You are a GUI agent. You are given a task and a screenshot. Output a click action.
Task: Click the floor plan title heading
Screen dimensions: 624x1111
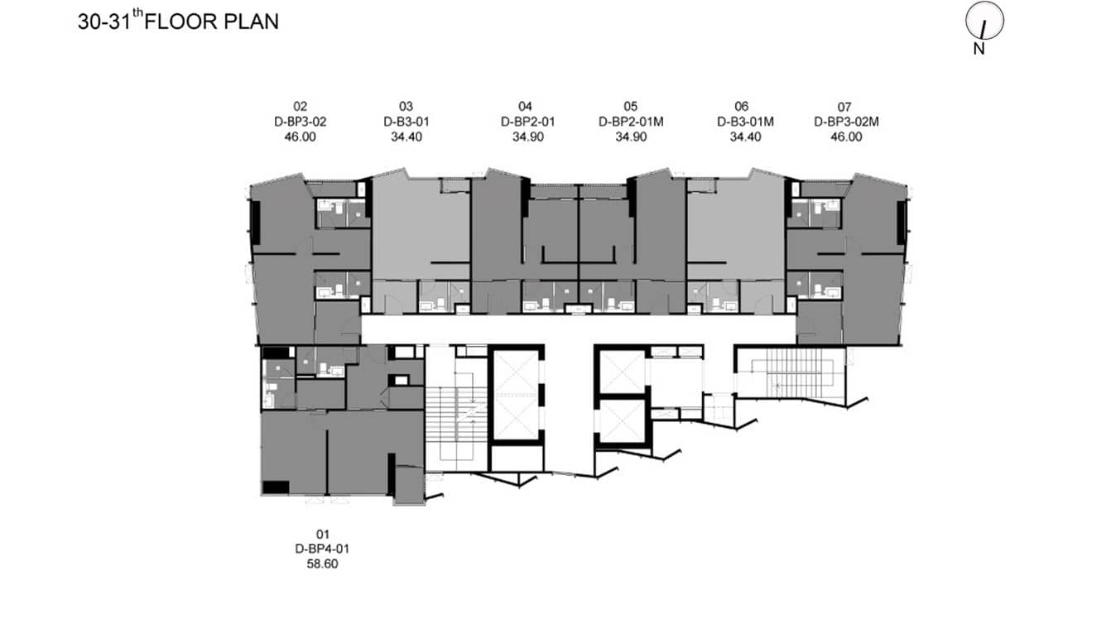click(x=178, y=22)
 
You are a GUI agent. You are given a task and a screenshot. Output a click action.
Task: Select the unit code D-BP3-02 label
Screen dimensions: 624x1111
click(x=300, y=122)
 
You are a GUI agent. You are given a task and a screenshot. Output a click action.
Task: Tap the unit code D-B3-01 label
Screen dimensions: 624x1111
click(x=406, y=122)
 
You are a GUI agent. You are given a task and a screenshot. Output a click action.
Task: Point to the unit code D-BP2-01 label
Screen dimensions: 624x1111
click(x=527, y=122)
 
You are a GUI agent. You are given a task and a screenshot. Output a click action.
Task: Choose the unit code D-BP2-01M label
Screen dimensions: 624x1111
click(x=631, y=122)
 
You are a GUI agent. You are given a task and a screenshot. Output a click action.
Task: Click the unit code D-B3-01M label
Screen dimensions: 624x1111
click(x=744, y=122)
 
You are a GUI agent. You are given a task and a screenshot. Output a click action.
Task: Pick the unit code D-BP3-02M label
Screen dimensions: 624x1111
click(x=845, y=122)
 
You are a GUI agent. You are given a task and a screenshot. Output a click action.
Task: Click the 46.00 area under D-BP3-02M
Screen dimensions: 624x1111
click(x=845, y=137)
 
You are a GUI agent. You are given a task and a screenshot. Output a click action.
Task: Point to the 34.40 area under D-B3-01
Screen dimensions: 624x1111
click(x=406, y=137)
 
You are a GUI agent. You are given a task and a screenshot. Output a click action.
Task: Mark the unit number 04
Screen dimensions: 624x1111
click(x=526, y=106)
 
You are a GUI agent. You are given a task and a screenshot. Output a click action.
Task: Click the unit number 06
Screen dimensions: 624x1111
click(x=741, y=106)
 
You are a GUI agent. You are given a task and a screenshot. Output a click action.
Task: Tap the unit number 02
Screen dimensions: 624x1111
click(x=300, y=106)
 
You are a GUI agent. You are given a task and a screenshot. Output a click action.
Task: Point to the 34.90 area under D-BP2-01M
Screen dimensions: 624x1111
click(x=631, y=137)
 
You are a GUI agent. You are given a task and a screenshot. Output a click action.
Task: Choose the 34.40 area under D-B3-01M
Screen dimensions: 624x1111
click(x=744, y=137)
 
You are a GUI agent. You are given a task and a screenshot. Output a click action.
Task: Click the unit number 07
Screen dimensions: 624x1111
click(x=844, y=106)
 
